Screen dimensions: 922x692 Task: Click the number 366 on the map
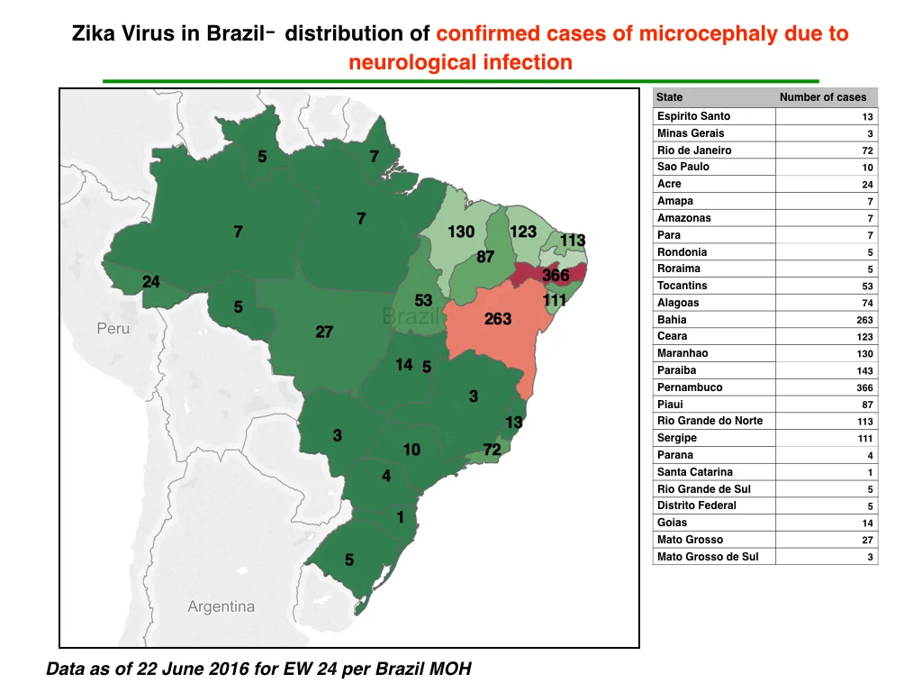click(555, 275)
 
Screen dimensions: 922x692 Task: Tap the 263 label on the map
click(497, 319)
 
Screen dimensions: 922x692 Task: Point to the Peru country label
click(113, 328)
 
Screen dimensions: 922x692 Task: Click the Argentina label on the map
click(221, 606)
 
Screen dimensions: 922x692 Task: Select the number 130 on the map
click(461, 232)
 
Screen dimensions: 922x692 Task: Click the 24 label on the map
click(151, 282)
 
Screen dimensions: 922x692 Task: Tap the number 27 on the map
click(324, 332)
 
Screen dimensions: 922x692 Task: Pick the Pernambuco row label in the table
click(690, 387)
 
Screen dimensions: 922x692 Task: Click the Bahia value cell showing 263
click(864, 320)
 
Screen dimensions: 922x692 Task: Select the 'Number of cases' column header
click(823, 97)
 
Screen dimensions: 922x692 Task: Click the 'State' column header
click(669, 97)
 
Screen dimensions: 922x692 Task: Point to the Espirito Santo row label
click(694, 116)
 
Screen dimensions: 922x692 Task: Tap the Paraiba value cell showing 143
click(864, 370)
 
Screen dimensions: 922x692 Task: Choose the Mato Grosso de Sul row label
click(708, 557)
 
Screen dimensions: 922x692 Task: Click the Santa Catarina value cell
click(870, 472)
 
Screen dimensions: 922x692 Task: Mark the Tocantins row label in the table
click(682, 286)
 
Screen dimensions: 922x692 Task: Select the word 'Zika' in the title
click(94, 33)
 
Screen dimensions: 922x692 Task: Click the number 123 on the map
click(523, 232)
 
